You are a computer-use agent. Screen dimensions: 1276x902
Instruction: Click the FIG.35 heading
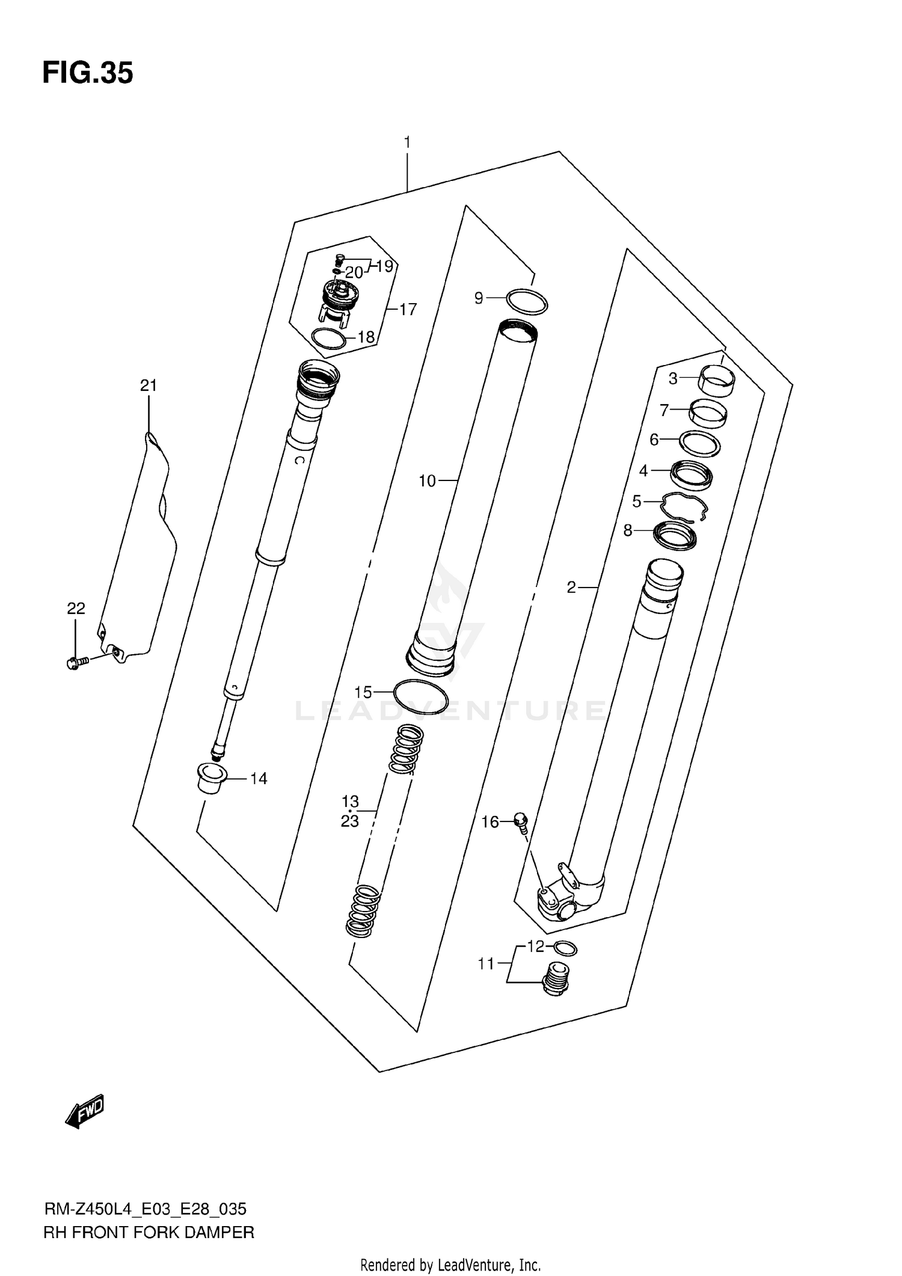click(88, 73)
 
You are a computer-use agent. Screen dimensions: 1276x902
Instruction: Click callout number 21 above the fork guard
click(149, 385)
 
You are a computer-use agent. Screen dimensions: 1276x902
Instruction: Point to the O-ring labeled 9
click(527, 301)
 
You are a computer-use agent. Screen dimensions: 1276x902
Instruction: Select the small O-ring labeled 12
click(565, 948)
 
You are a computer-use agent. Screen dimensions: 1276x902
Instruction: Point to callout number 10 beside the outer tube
click(427, 481)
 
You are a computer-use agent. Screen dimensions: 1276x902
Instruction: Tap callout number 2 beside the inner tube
click(571, 587)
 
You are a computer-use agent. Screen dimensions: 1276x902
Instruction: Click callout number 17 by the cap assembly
click(408, 310)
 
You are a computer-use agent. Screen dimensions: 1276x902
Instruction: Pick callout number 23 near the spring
click(350, 821)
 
